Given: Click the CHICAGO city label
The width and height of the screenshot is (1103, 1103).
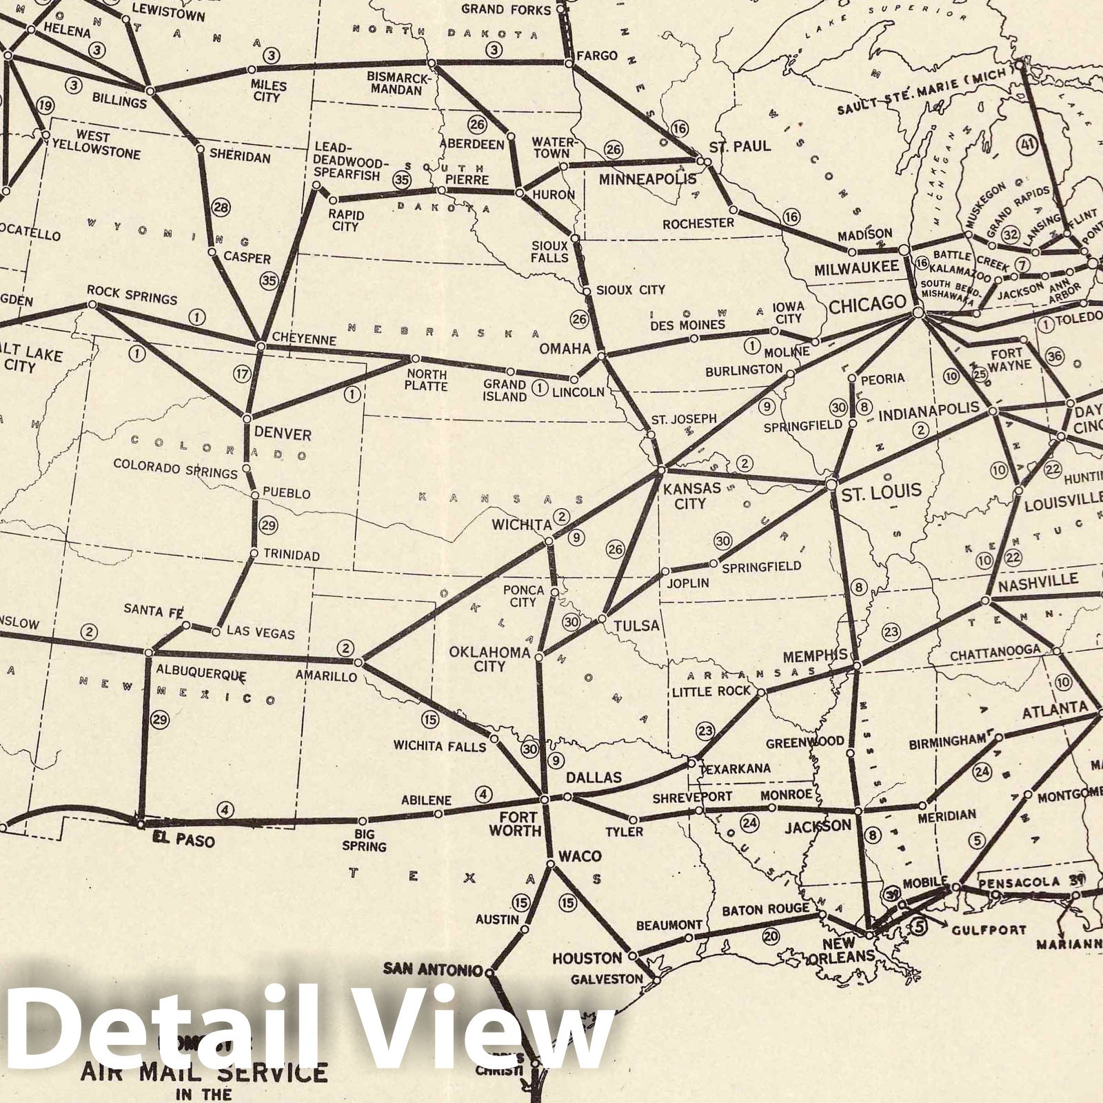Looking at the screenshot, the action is pyautogui.click(x=867, y=304).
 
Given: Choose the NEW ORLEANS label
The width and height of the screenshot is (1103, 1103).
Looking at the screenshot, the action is pyautogui.click(x=847, y=949).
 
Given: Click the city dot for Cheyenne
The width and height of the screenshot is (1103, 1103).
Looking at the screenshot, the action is pyautogui.click(x=261, y=345).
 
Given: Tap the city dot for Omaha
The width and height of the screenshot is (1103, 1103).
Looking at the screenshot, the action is pyautogui.click(x=602, y=356).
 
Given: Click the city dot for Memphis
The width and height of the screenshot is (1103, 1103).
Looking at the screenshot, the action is pyautogui.click(x=857, y=666).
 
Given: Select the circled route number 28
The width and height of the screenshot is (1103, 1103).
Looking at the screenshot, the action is pyautogui.click(x=221, y=207).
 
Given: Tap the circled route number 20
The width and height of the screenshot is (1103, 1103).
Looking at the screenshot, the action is pyautogui.click(x=770, y=936).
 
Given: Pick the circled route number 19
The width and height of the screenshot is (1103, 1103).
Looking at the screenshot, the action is pyautogui.click(x=45, y=105).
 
